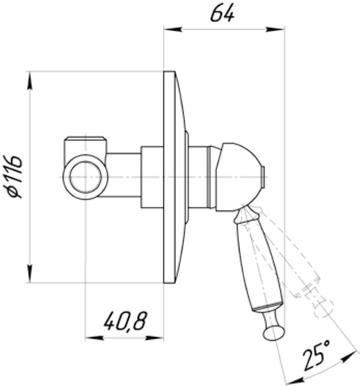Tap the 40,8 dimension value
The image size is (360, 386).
pos(125,322)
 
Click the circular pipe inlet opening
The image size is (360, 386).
pos(85,178)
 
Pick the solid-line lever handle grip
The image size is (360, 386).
pos(256,264)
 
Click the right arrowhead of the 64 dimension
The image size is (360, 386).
pos(280,28)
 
